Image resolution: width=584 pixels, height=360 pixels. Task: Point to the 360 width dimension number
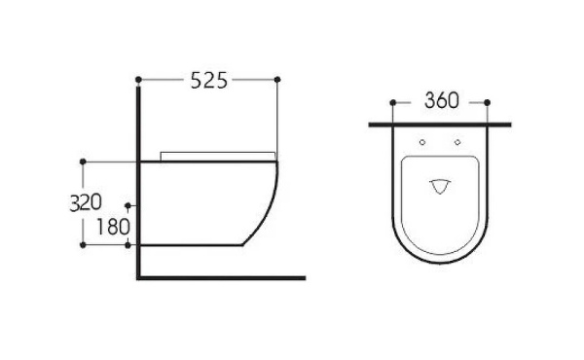point(441,101)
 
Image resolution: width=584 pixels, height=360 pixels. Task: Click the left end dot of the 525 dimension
point(140,78)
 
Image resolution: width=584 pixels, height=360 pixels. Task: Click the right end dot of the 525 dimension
point(279,78)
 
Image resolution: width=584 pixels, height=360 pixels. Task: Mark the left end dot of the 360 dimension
point(393,101)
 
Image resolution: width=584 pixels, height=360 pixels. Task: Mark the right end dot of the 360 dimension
point(489,101)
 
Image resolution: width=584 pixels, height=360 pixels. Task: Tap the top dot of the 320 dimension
point(86,160)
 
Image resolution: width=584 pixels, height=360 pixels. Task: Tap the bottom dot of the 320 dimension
point(86,246)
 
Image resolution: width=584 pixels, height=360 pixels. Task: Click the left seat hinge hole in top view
point(422,143)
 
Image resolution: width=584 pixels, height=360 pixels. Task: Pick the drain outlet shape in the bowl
point(441,185)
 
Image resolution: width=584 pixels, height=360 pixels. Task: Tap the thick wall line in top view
point(441,126)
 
